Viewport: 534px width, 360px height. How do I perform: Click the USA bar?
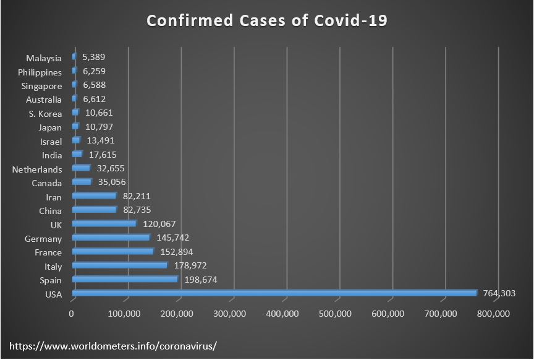(274, 293)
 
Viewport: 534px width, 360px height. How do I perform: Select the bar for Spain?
(125, 280)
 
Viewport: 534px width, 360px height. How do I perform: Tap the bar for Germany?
(111, 238)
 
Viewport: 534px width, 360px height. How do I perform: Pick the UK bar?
(104, 223)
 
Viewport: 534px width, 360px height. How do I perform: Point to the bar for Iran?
(94, 196)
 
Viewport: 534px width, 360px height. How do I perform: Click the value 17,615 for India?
(103, 155)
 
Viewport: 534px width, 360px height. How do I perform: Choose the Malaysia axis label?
(44, 58)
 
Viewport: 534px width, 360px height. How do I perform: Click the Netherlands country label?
(37, 169)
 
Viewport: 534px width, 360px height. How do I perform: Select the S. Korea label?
(45, 114)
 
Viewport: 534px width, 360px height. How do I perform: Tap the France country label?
(48, 252)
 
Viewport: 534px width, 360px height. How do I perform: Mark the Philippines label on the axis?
(40, 72)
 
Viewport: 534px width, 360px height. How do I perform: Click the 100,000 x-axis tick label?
(126, 314)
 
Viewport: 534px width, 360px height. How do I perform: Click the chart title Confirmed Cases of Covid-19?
(267, 20)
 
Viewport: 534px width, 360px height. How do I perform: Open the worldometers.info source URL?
(114, 345)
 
